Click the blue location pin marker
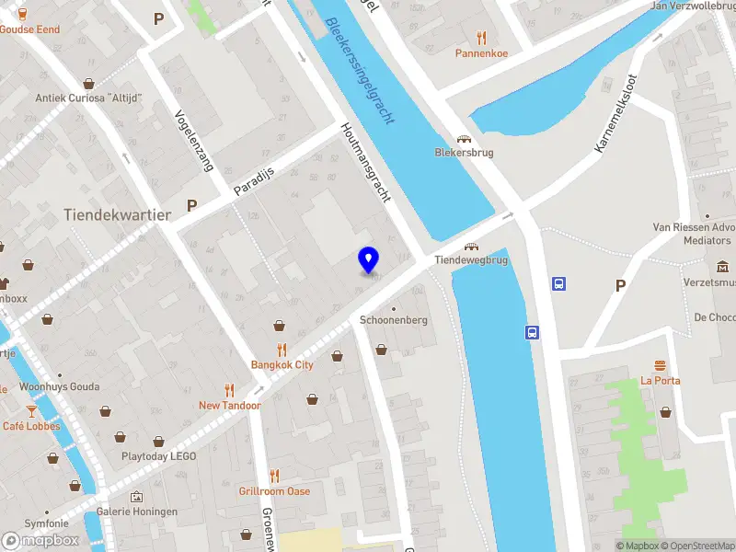tap(369, 260)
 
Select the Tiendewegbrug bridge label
tap(471, 260)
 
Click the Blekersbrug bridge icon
tap(464, 138)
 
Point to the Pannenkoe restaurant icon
tap(481, 38)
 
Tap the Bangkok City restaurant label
tap(282, 364)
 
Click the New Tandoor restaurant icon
tap(230, 390)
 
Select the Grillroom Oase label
tap(274, 491)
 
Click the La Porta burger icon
tap(661, 365)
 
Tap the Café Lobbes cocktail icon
tap(31, 410)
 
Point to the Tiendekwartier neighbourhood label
tap(118, 214)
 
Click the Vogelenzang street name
tap(194, 141)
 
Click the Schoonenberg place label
tap(394, 319)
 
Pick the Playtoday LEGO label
tap(159, 455)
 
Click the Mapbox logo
tap(40, 540)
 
